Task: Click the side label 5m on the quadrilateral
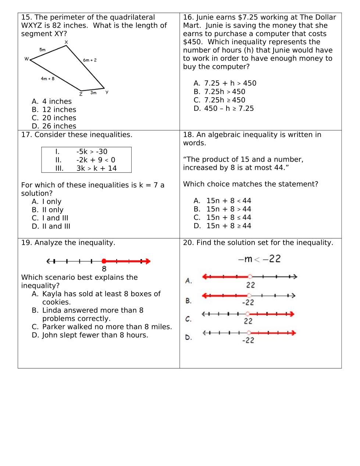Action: pos(42,50)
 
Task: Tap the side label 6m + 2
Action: pos(90,60)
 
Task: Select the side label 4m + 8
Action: pos(47,78)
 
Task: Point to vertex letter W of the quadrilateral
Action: pos(26,59)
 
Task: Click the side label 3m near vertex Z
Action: pos(93,93)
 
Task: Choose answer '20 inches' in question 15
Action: pos(59,118)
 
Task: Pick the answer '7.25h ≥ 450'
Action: pos(224,100)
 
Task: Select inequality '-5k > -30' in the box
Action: pos(92,152)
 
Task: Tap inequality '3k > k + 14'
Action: pos(96,168)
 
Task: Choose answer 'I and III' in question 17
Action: pos(55,218)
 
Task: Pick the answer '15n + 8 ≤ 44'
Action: pos(228,218)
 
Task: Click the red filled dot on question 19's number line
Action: pos(104,261)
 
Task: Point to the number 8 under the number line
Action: pos(104,269)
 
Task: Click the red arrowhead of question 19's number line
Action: pos(148,261)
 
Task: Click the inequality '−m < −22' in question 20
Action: pos(259,259)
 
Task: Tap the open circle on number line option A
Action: pos(250,276)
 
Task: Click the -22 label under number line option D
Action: pos(248,340)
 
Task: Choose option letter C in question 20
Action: pos(188,319)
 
